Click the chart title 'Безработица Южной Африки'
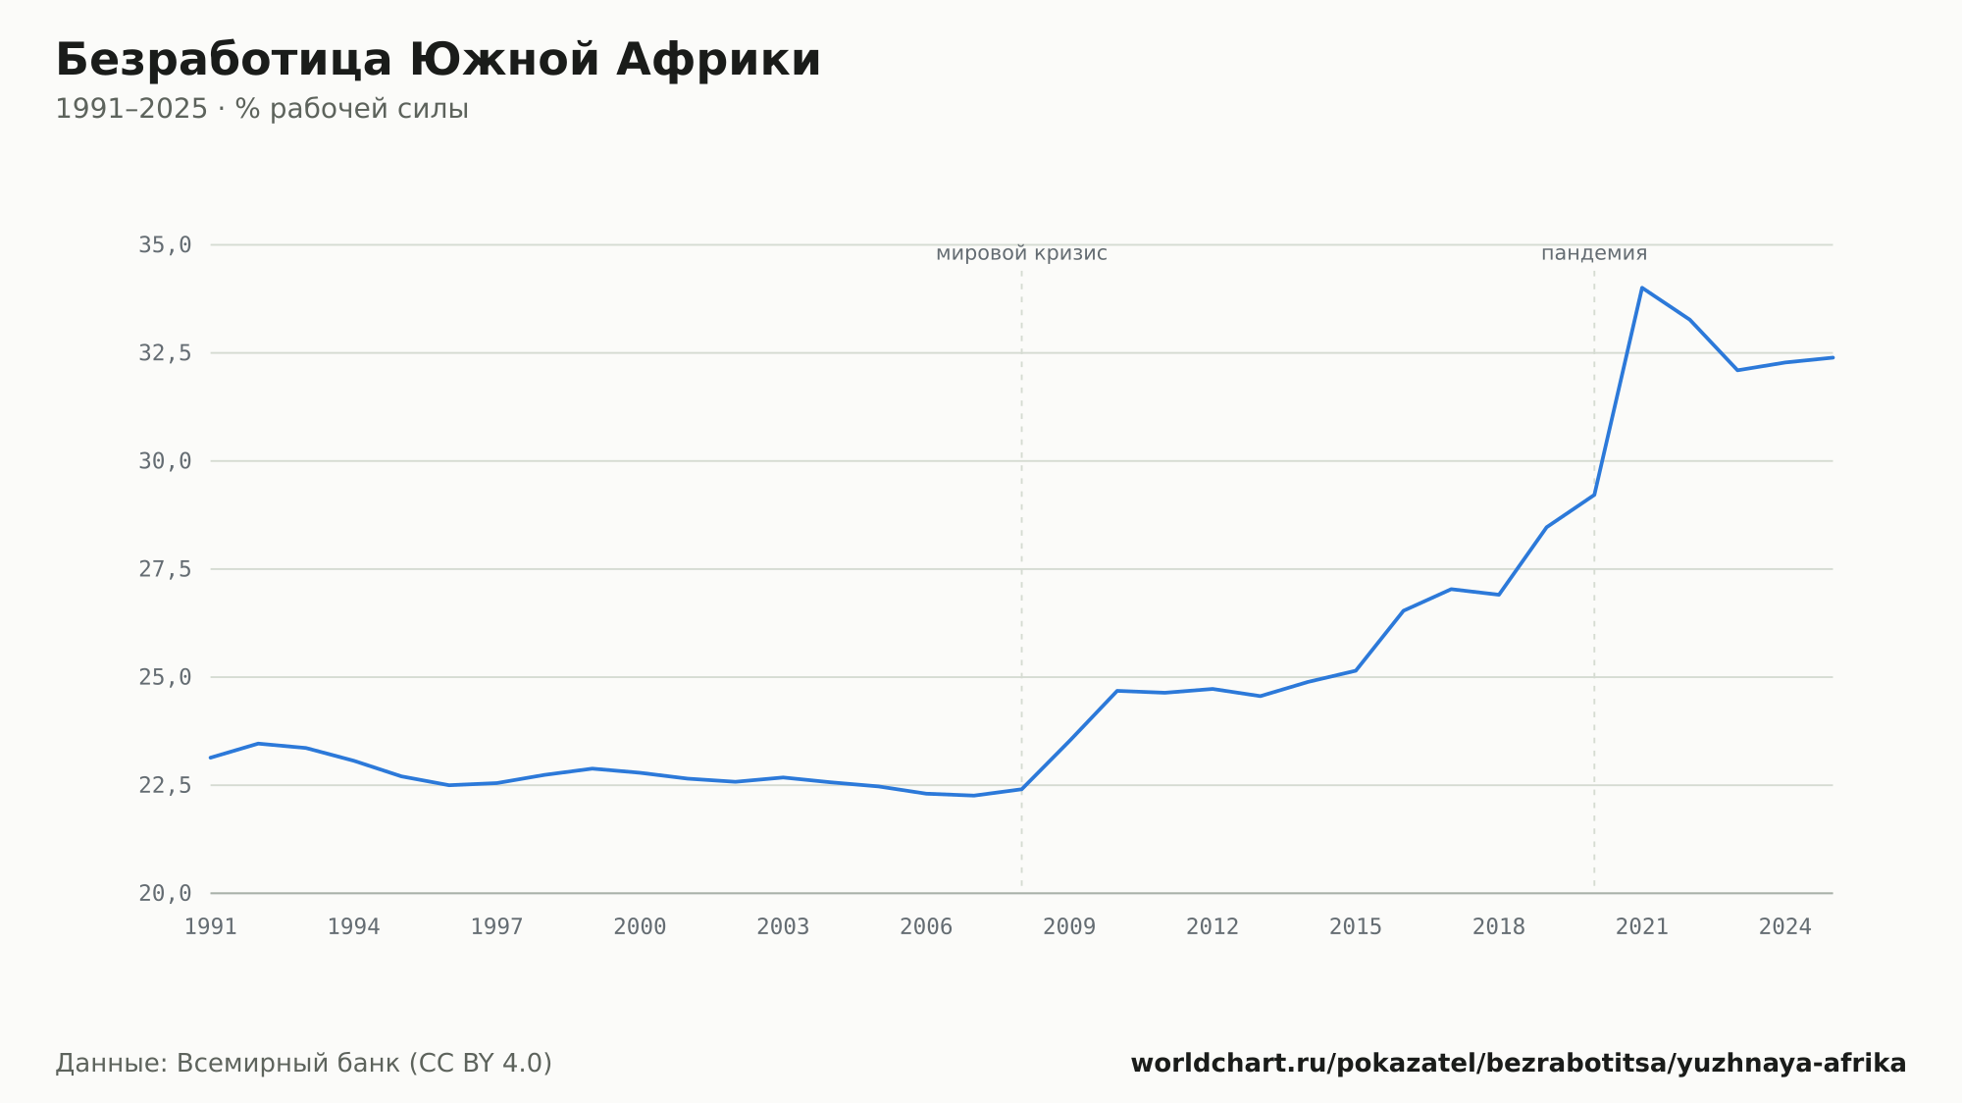click(x=438, y=60)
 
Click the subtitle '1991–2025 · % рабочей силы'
click(x=262, y=109)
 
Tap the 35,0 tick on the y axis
click(x=165, y=244)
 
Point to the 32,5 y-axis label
click(x=165, y=353)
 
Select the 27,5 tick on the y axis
click(x=165, y=569)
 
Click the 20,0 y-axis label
click(x=165, y=893)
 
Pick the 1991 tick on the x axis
click(x=211, y=926)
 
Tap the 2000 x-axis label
click(x=640, y=926)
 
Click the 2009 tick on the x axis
click(x=1069, y=926)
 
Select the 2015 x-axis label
click(x=1356, y=926)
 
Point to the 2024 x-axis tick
click(x=1785, y=926)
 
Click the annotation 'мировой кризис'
click(x=1021, y=253)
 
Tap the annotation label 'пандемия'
click(x=1594, y=253)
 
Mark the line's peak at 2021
click(x=1642, y=288)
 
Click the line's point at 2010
click(x=1117, y=691)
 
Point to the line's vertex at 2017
click(x=1451, y=589)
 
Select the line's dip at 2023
click(x=1737, y=370)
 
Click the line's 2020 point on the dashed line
click(x=1594, y=495)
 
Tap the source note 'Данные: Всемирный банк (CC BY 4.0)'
click(x=304, y=1063)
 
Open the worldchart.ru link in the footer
click(x=1519, y=1063)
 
